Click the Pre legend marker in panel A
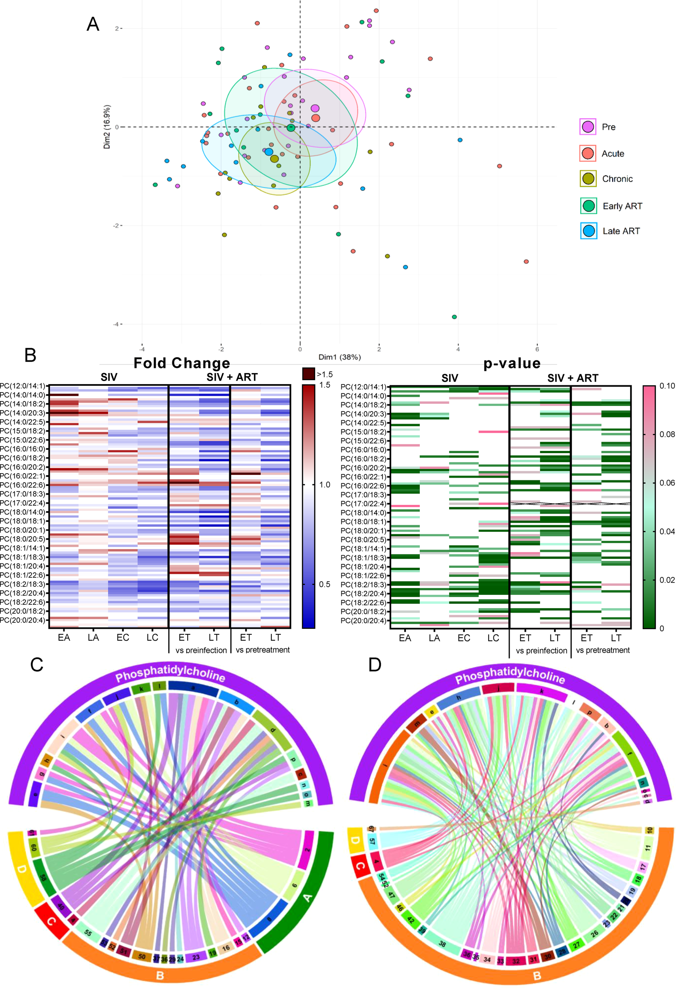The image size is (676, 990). click(588, 127)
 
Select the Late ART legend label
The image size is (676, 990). click(621, 231)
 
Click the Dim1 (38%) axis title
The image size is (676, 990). click(339, 357)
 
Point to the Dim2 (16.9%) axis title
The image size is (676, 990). click(107, 127)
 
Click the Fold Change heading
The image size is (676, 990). click(181, 363)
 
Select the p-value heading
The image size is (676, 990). click(512, 363)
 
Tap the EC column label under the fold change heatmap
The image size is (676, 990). click(123, 637)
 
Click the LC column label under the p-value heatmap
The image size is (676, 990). click(493, 638)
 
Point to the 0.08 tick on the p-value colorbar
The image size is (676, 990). click(666, 434)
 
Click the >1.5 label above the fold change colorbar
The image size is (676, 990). click(325, 375)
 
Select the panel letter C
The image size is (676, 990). click(37, 664)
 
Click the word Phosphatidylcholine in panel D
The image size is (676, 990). click(510, 675)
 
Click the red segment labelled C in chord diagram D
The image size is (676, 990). click(360, 866)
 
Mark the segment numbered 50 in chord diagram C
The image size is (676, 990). click(141, 956)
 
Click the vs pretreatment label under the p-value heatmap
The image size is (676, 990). click(602, 650)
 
